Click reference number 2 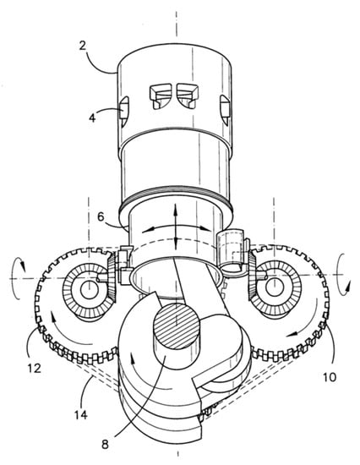click(83, 46)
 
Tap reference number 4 click(92, 118)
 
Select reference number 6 click(101, 217)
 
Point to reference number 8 click(106, 445)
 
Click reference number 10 click(330, 377)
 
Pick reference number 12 click(34, 368)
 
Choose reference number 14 click(80, 414)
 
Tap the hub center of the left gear click(88, 288)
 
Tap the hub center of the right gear click(274, 287)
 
